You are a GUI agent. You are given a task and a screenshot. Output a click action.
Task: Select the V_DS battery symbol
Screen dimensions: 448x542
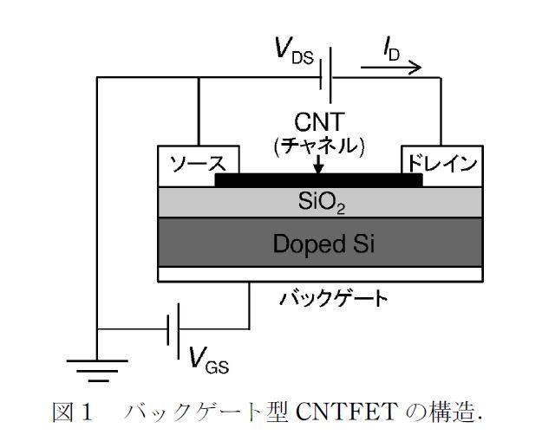tap(324, 77)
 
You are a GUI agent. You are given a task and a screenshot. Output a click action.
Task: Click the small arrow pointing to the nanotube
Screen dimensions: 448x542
tap(319, 165)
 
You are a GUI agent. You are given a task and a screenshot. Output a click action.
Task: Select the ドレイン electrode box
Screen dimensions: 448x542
tap(441, 163)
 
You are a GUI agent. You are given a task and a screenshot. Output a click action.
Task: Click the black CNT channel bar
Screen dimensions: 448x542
tap(318, 180)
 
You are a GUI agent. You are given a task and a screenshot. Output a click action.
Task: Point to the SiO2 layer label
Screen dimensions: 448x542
tap(318, 202)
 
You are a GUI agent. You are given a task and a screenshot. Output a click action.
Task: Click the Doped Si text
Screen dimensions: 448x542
tap(318, 242)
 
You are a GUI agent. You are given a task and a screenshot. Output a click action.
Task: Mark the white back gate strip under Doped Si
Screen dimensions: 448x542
tap(318, 274)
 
